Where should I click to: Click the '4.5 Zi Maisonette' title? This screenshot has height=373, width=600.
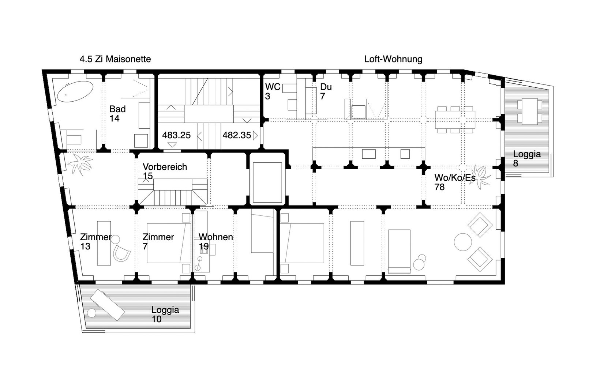[115, 59]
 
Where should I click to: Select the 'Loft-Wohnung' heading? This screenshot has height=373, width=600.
[393, 59]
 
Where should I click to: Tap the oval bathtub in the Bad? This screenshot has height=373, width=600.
[75, 91]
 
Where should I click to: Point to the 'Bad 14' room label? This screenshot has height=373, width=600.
[117, 113]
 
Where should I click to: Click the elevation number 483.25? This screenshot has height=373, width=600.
[176, 135]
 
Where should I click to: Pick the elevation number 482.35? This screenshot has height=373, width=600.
[237, 135]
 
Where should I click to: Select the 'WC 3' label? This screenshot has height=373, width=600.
[273, 91]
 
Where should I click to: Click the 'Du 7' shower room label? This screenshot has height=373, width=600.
[326, 91]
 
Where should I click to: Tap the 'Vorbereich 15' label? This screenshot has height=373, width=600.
[165, 172]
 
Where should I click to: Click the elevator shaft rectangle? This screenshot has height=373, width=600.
[267, 182]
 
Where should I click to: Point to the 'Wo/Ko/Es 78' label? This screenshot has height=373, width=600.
[455, 182]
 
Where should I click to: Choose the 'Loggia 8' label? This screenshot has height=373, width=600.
[526, 158]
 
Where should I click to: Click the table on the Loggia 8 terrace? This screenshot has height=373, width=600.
[529, 112]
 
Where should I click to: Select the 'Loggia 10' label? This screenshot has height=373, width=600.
[165, 314]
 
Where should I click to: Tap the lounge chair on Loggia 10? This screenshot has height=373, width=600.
[108, 305]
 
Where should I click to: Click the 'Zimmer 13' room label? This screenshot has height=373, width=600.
[95, 241]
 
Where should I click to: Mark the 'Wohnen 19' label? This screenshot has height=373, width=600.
[215, 241]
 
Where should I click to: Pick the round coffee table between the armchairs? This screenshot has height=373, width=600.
[463, 242]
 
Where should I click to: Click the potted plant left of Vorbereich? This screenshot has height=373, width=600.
[80, 164]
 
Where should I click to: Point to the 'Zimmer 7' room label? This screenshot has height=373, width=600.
[158, 241]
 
